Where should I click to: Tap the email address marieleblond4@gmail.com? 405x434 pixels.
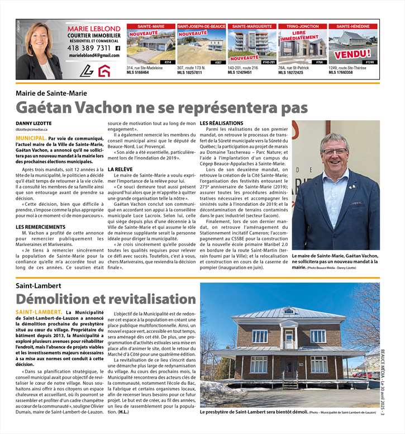(94, 56)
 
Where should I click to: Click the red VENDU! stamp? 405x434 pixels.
(352, 55)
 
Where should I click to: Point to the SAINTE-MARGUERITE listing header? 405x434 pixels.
(252, 26)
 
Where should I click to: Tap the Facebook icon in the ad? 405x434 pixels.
(117, 48)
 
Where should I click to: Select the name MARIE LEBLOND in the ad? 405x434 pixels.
(94, 29)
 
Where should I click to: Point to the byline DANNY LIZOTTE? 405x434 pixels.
(34, 123)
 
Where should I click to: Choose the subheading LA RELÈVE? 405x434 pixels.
(120, 169)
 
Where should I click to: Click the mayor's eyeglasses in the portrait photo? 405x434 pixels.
(334, 152)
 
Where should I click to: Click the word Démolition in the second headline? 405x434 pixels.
(63, 299)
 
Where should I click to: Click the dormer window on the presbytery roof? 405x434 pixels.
(288, 311)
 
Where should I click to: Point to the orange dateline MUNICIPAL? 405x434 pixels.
(31, 138)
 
